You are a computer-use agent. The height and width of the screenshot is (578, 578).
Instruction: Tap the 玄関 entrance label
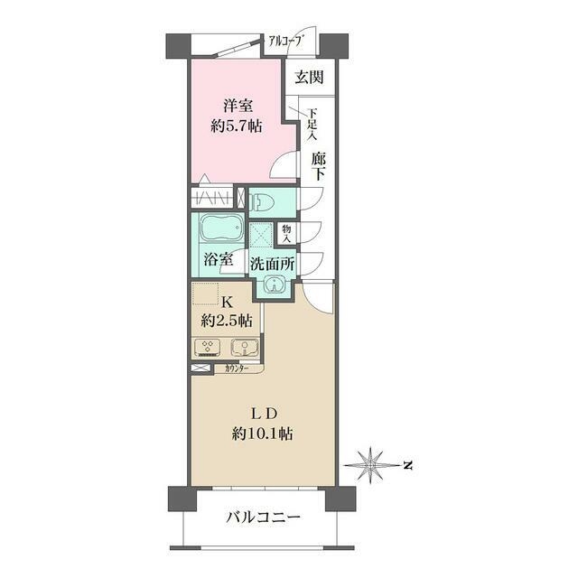click(309, 77)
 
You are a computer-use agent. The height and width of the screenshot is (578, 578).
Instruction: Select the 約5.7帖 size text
click(237, 126)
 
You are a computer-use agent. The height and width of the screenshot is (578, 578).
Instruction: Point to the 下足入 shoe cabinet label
click(312, 125)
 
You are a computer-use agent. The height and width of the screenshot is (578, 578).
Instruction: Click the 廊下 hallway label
click(318, 166)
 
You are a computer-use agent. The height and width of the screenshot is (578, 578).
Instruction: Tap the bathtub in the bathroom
click(220, 228)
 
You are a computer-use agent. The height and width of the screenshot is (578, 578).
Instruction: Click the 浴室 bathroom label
click(219, 259)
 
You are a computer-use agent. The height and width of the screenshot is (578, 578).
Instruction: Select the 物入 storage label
click(286, 234)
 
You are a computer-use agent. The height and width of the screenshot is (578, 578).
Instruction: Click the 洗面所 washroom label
click(273, 264)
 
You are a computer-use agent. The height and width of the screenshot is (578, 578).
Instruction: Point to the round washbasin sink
click(274, 284)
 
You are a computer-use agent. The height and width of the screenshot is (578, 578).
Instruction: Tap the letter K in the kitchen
click(227, 303)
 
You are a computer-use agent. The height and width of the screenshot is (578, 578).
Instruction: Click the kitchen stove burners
click(209, 348)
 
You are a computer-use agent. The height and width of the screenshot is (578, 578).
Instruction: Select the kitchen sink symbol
click(245, 348)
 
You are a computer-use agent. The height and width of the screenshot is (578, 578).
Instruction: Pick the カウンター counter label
click(237, 368)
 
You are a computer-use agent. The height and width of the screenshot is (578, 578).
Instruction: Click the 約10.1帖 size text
click(263, 433)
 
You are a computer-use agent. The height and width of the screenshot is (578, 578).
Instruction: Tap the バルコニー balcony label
click(263, 517)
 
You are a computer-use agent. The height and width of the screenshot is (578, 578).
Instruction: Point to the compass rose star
click(369, 466)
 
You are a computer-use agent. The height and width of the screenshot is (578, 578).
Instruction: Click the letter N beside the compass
click(407, 466)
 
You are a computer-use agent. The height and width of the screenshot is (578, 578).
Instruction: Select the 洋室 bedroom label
click(238, 107)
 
